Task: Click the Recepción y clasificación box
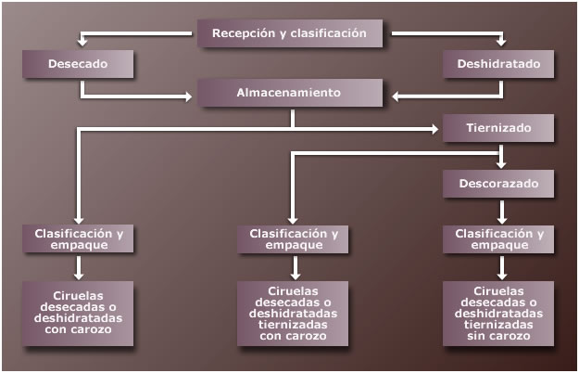click(289, 33)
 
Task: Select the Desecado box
click(79, 64)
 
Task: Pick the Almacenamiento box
click(289, 93)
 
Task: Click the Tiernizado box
click(498, 128)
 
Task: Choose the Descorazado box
click(498, 184)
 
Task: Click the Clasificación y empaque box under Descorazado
click(498, 239)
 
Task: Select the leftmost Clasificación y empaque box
click(79, 239)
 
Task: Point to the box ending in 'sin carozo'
click(498, 314)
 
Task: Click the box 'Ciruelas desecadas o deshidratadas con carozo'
click(79, 314)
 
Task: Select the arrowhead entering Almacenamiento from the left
click(191, 95)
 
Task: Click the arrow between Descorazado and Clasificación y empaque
click(501, 212)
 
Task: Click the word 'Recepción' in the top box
click(243, 33)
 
